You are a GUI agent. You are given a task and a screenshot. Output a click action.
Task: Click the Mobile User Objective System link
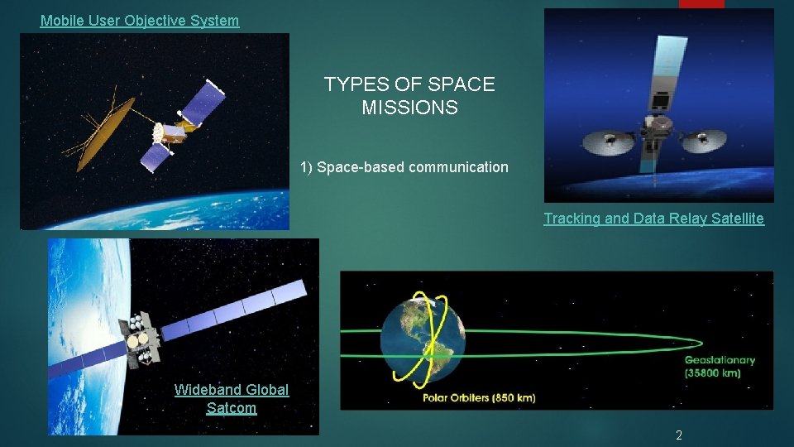click(x=140, y=21)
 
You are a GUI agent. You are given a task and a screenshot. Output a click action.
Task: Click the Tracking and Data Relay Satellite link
click(x=653, y=219)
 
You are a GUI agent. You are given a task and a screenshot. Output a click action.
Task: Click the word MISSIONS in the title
click(x=409, y=108)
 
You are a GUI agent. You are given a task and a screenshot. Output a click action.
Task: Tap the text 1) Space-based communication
click(x=404, y=167)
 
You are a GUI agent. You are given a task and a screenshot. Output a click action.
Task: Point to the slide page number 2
click(x=678, y=435)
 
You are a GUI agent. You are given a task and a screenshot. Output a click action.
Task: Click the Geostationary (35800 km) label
click(x=719, y=366)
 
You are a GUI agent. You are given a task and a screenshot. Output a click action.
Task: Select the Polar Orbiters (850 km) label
click(x=479, y=398)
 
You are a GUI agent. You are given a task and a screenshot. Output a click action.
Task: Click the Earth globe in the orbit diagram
click(x=422, y=339)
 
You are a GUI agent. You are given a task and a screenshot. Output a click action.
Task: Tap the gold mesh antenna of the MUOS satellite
click(x=105, y=132)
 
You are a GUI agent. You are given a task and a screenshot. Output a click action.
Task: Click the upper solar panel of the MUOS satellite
click(x=203, y=103)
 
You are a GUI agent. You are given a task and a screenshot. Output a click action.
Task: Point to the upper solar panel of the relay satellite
click(x=667, y=70)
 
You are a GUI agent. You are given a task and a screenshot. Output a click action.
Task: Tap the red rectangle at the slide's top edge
click(x=701, y=3)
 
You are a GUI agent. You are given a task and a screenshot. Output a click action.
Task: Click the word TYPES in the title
click(x=356, y=84)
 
